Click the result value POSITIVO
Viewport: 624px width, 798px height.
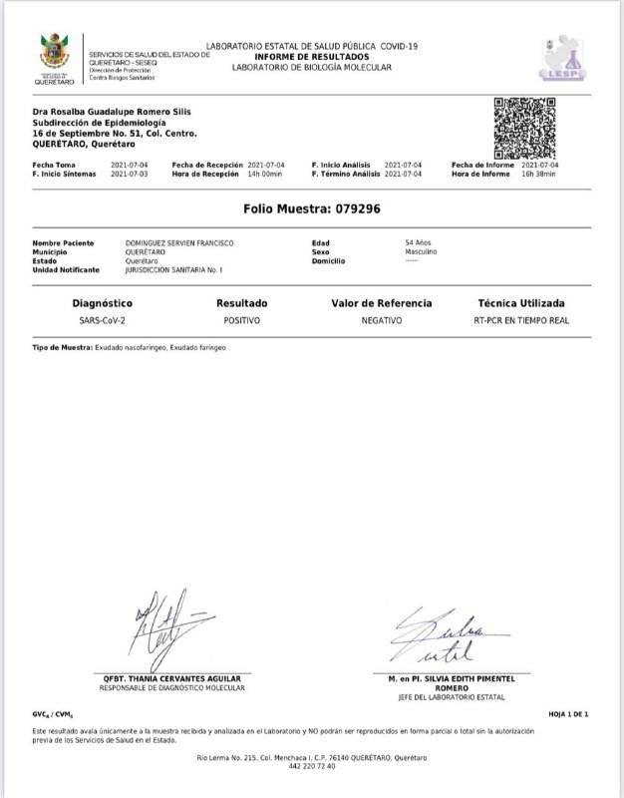[x=241, y=321]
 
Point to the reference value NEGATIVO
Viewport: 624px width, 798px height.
[x=382, y=321]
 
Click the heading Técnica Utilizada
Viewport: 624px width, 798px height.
[x=520, y=302]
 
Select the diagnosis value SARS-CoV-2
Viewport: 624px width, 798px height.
[x=103, y=321]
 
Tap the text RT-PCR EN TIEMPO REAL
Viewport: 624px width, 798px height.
[x=520, y=321]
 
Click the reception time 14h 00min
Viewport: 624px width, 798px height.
[x=266, y=174]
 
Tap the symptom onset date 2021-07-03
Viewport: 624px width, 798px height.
[x=131, y=174]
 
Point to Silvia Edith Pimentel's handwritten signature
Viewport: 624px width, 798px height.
[x=443, y=639]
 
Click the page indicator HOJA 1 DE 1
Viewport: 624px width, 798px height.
[x=569, y=715]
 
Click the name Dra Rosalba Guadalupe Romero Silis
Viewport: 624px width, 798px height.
[x=112, y=111]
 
